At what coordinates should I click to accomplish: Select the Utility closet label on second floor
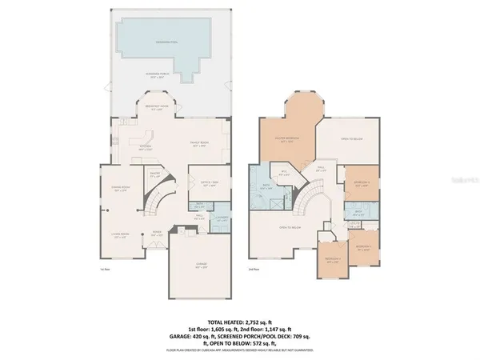[x=356, y=223]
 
